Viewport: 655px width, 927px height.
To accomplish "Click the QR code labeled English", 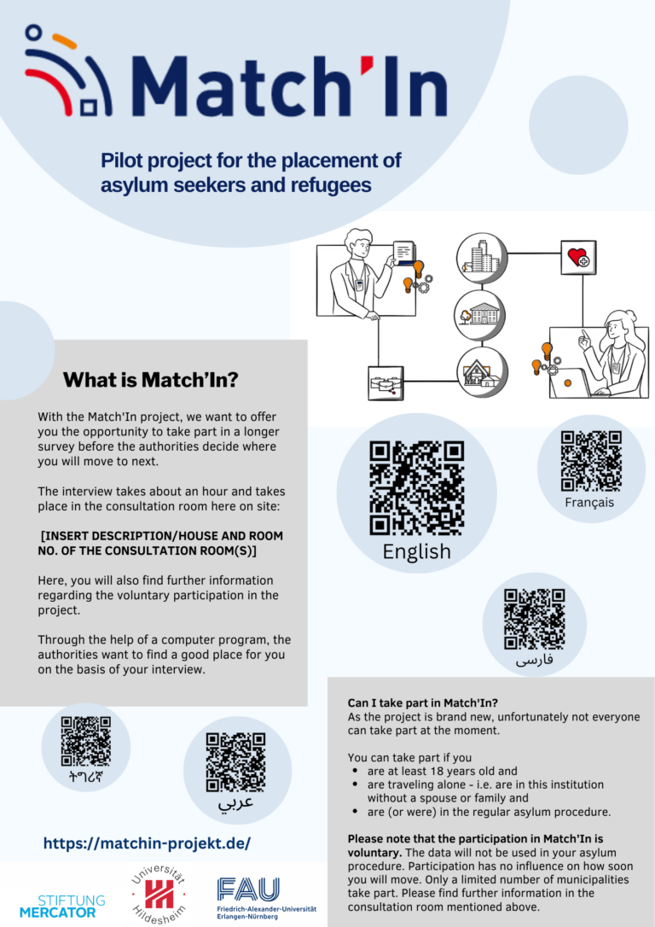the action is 416,487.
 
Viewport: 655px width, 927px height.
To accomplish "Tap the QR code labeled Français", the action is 591,461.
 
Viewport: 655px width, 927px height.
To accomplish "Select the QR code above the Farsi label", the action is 535,619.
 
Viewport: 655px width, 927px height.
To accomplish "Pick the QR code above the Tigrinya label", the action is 85,742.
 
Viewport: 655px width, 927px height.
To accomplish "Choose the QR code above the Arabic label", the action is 235,762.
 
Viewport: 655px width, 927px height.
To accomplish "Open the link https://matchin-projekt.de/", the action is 147,843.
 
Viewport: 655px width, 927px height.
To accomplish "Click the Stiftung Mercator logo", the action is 62,907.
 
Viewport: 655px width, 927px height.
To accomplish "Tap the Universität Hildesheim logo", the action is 159,894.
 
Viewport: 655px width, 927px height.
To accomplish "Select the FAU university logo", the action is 266,898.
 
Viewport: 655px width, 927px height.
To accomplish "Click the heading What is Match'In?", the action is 151,380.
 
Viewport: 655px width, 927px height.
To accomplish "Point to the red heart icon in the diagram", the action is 578,257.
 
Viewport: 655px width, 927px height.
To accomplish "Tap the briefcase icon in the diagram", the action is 385,383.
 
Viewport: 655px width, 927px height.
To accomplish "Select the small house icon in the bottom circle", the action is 482,373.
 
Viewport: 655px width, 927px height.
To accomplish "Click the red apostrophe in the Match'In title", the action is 367,64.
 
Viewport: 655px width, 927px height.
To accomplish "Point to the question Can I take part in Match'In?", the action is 423,703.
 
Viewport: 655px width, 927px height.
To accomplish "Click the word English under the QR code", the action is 416,551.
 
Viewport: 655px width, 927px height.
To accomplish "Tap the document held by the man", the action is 403,253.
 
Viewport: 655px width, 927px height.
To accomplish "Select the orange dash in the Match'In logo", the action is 64,41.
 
